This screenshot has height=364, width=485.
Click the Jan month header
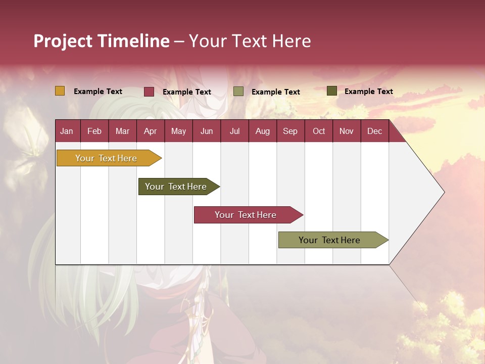click(x=67, y=131)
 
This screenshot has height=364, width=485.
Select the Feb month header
click(x=94, y=131)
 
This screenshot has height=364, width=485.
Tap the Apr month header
click(x=151, y=131)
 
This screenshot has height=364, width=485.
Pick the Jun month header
click(x=207, y=131)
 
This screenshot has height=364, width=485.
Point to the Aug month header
click(x=263, y=131)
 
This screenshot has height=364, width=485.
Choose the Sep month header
click(x=290, y=131)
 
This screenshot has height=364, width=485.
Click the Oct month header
click(x=319, y=131)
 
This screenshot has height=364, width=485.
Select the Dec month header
click(x=375, y=131)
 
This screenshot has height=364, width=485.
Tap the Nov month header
click(x=347, y=131)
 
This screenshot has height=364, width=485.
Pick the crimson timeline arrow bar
click(x=246, y=215)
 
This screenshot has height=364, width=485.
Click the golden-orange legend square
click(x=60, y=91)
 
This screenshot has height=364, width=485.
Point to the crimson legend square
click(x=149, y=92)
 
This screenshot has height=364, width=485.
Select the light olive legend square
click(x=238, y=92)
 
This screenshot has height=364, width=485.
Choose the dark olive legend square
click(x=331, y=91)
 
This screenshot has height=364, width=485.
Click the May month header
click(x=178, y=131)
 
